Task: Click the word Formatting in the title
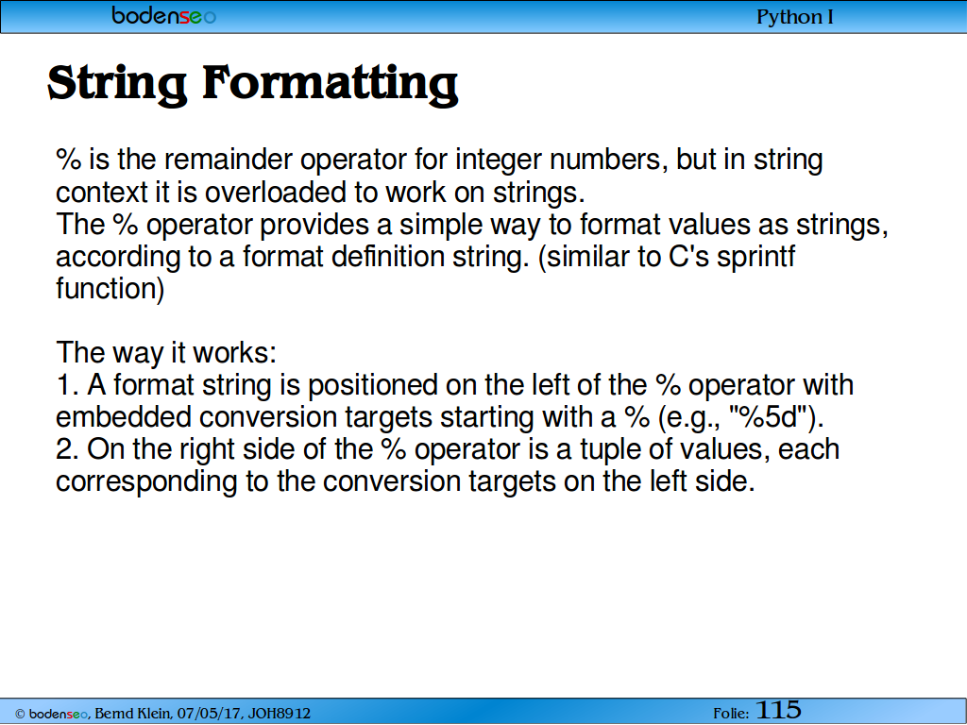[330, 84]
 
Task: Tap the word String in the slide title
[116, 84]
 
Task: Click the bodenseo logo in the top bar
[164, 15]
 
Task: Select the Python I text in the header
[795, 17]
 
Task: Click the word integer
[498, 160]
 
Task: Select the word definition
[387, 256]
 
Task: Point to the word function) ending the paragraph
[110, 289]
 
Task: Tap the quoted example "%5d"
[769, 416]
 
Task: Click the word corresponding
[146, 482]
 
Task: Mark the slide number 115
[778, 710]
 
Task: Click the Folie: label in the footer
[731, 714]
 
